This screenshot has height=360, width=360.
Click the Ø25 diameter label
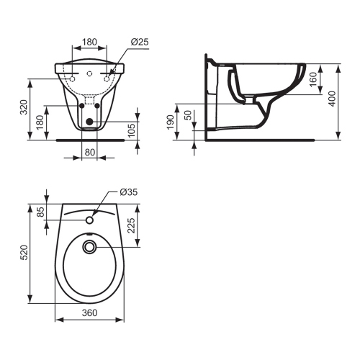[x=140, y=42]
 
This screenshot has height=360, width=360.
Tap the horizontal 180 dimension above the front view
[x=89, y=42]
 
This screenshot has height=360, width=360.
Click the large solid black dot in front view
[x=89, y=122]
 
